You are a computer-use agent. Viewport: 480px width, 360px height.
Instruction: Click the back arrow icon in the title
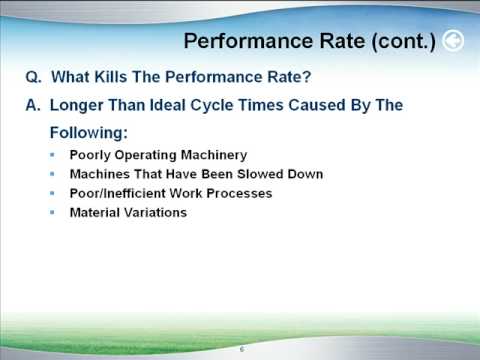(453, 41)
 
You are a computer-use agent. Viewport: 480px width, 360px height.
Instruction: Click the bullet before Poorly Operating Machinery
(53, 155)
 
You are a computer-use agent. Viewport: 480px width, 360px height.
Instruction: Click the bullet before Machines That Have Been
(53, 174)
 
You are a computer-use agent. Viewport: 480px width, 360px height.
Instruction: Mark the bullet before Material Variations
(53, 212)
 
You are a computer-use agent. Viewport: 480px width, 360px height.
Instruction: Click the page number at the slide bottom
(241, 349)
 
